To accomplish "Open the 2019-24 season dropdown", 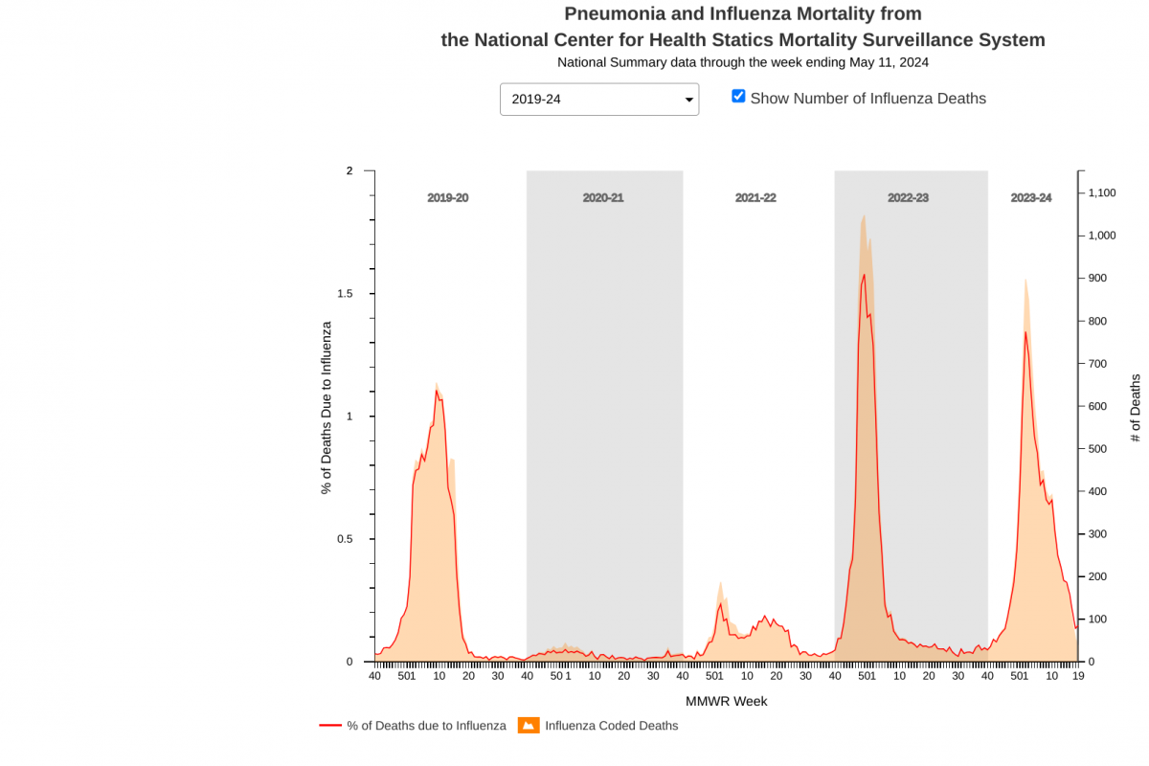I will click(599, 100).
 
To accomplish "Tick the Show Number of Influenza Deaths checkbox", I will click(738, 96).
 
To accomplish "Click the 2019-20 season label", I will click(447, 198).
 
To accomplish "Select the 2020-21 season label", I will click(603, 198).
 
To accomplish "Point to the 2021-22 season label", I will click(755, 198).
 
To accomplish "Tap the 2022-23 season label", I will click(908, 198).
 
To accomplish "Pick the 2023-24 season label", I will click(1031, 198).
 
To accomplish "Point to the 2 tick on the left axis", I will click(349, 171).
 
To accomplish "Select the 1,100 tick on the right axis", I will click(1102, 193).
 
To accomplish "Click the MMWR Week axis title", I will click(726, 701).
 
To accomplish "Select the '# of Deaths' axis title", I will click(1136, 408).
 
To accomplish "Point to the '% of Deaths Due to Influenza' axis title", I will click(327, 408).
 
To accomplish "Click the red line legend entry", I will click(413, 726).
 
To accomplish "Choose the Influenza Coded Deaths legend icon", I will click(529, 726).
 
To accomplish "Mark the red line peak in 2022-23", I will click(864, 275).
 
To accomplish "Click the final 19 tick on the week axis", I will click(1077, 676).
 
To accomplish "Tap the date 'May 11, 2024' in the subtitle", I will click(890, 62).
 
